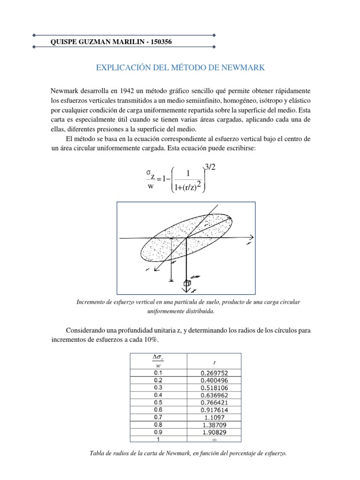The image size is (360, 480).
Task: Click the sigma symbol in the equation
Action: click(x=150, y=174)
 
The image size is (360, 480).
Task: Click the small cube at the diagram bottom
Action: click(x=187, y=283)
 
